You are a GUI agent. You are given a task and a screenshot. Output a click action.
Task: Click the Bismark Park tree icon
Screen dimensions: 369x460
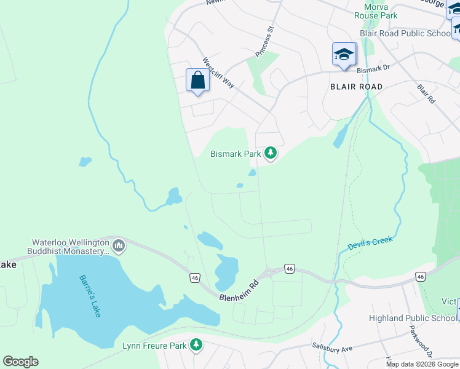270,153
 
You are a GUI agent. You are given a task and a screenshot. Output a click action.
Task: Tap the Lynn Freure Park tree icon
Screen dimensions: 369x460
196,345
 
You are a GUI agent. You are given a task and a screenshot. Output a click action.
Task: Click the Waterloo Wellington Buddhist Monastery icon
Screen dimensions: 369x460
119,247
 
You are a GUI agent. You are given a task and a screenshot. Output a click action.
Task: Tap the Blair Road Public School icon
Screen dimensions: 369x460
344,54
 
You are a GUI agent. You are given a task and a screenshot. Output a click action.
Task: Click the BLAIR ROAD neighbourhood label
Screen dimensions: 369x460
355,87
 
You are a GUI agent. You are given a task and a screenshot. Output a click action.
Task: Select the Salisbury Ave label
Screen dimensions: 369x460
332,348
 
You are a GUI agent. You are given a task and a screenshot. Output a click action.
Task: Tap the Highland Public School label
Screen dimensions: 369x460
413,318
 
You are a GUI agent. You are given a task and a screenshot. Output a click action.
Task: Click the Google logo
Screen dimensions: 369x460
20,362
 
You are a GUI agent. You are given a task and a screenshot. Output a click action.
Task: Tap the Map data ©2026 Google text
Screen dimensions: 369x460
422,364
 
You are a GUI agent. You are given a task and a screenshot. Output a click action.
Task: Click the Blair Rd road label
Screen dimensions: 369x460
426,93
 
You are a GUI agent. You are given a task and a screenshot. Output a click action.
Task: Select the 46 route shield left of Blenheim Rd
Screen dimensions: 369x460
195,278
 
